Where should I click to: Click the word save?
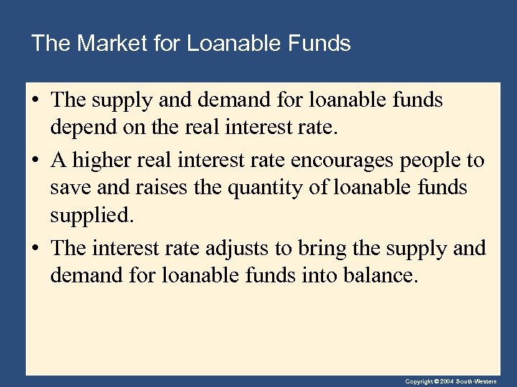(x=68, y=188)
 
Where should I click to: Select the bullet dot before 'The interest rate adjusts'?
(x=36, y=249)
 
